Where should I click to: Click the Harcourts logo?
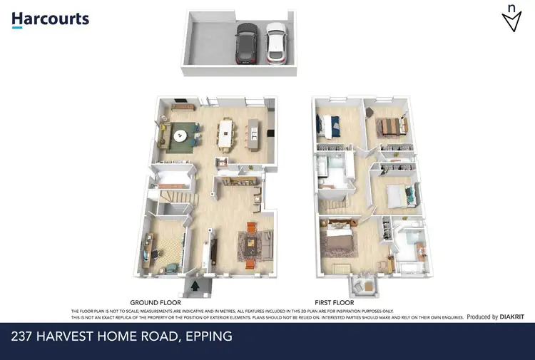(x=50, y=19)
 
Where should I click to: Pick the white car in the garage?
(x=275, y=43)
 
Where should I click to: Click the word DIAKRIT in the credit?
(x=511, y=317)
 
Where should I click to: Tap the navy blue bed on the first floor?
(x=332, y=127)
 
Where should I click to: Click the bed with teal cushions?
(x=397, y=195)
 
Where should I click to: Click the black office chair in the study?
(x=172, y=267)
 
